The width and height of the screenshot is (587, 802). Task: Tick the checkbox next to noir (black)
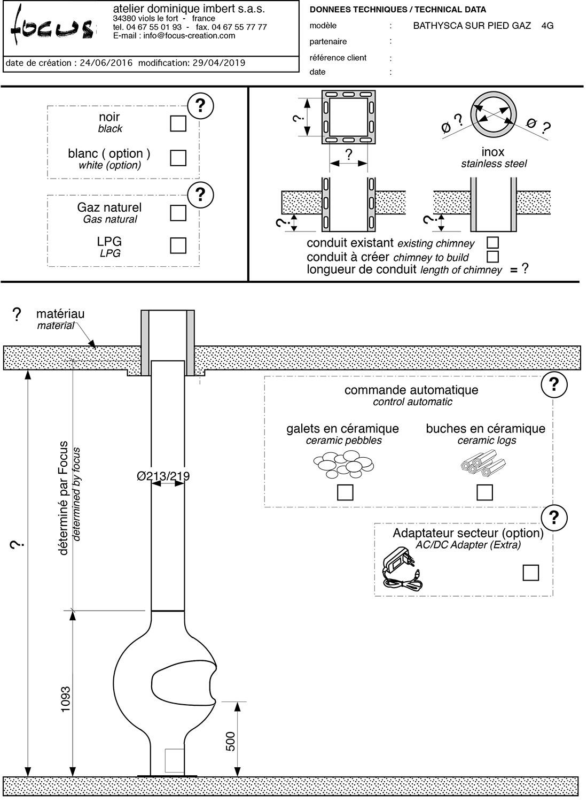click(178, 124)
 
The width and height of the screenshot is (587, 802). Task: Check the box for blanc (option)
click(178, 158)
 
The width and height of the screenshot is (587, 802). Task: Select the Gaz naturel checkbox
click(178, 212)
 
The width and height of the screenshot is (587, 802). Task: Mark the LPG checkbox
click(178, 245)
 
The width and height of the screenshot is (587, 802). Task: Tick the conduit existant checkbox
click(492, 243)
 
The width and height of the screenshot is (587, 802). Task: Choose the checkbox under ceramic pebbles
click(345, 492)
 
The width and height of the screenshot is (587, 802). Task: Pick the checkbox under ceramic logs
click(484, 492)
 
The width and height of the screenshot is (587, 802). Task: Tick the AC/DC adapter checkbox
click(530, 573)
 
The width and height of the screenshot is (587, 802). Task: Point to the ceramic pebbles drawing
click(343, 464)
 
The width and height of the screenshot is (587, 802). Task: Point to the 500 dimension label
click(231, 741)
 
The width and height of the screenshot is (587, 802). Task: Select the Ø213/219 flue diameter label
click(163, 476)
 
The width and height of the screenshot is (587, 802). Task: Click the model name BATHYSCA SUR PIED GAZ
click(472, 26)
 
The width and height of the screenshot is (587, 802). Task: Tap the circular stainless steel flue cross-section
click(494, 115)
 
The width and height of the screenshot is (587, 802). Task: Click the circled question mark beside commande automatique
click(554, 384)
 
